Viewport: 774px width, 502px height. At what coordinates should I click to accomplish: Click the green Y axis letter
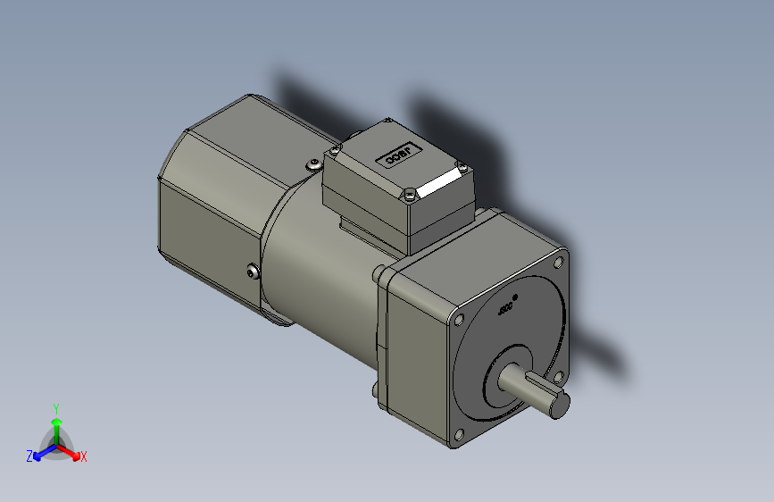[55, 406]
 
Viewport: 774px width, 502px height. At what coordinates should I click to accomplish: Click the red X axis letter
[84, 457]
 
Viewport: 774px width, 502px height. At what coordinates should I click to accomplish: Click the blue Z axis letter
[29, 456]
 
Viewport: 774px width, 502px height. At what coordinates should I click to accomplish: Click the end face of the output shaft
[559, 406]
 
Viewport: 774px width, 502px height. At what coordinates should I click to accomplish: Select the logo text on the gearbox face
[505, 310]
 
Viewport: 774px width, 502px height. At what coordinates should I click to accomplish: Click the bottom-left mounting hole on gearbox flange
[459, 435]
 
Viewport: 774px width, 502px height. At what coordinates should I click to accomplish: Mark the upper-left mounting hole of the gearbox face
[459, 319]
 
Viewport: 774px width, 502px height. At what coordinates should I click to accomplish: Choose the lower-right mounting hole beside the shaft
[560, 376]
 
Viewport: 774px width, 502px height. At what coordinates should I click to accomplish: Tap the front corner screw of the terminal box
[409, 193]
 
